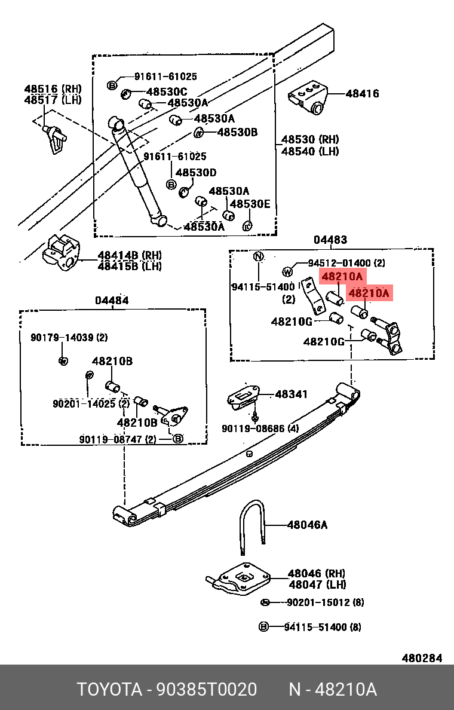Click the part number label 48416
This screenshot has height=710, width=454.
[x=362, y=94]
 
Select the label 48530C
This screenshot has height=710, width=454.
[x=167, y=91]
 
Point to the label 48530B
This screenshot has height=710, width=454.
[x=237, y=132]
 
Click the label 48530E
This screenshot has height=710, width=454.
[x=250, y=204]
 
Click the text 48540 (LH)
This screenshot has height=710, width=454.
[x=309, y=151]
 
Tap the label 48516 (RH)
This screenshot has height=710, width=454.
[x=53, y=88]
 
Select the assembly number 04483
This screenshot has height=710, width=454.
[x=330, y=240]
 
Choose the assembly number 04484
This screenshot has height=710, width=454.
[x=112, y=301]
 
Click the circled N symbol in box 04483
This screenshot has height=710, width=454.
[x=258, y=257]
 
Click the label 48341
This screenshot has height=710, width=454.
[x=292, y=394]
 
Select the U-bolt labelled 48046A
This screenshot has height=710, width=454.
[x=251, y=526]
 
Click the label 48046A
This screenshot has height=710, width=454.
[x=307, y=525]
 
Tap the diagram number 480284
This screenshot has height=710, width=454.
[x=422, y=658]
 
